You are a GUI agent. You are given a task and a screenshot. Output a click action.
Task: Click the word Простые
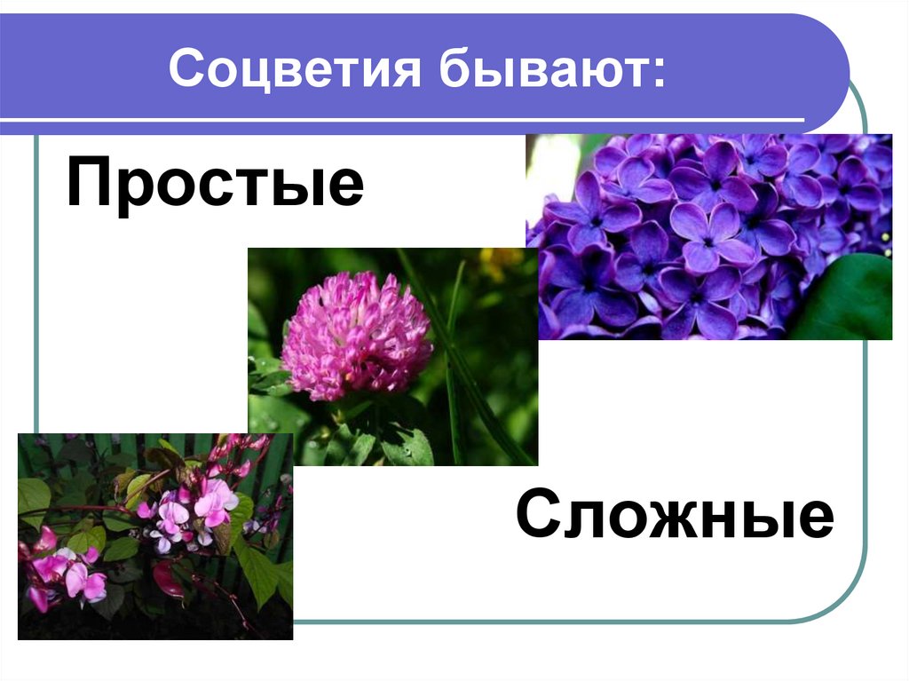tap(215, 185)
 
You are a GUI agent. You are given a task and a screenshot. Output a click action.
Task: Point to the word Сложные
tap(675, 516)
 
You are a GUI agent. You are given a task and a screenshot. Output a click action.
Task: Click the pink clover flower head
tap(356, 337)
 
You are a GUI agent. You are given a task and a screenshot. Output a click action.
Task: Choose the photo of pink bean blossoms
tap(154, 536)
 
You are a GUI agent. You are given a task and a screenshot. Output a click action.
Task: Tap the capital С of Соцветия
tap(190, 69)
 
